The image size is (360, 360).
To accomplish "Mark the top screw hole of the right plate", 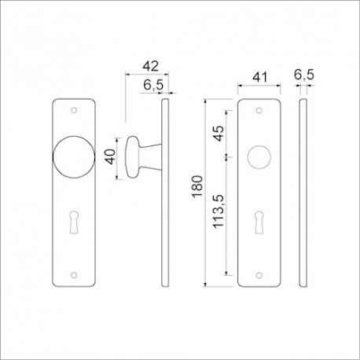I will (258, 108).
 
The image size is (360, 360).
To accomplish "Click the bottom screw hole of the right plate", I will (258, 274).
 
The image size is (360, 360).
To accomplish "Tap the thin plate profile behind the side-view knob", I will (164, 191).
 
